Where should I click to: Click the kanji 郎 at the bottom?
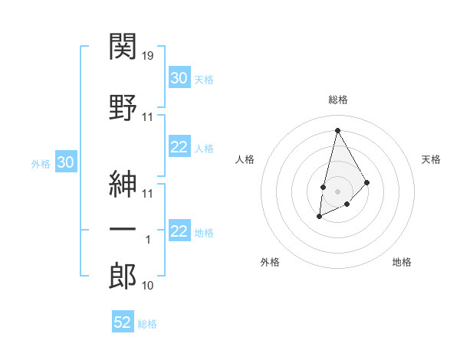point(123,276)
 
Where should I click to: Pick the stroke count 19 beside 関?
point(149,55)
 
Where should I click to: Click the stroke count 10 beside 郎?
point(149,286)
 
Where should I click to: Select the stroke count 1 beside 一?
point(149,240)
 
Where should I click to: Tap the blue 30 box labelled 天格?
point(179,78)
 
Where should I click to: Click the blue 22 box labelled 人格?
point(179,148)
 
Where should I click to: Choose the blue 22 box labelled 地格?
point(179,232)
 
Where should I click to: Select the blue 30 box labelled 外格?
point(65,162)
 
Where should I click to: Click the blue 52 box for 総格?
point(123,322)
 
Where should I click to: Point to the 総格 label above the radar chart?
point(337,100)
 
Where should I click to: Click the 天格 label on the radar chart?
point(432,159)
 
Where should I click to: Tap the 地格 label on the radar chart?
point(402,262)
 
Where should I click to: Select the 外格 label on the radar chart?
point(270,262)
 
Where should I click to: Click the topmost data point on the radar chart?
point(337,129)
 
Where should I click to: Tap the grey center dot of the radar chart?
point(337,190)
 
